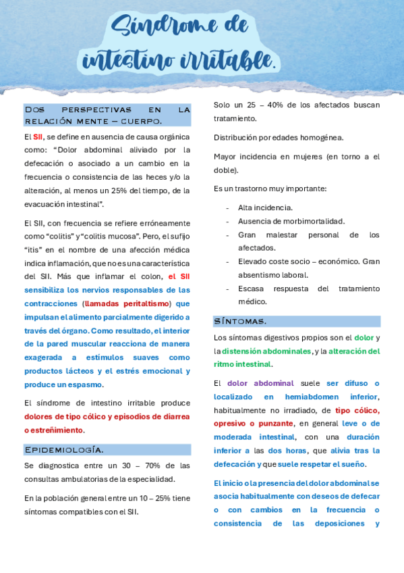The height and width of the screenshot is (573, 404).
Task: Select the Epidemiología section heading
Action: point(64,449)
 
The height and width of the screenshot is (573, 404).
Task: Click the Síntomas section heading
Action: point(239,321)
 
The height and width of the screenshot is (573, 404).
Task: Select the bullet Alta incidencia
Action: point(265,208)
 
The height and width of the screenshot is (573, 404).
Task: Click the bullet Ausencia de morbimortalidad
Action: point(291,221)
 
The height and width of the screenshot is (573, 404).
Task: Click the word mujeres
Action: point(294,157)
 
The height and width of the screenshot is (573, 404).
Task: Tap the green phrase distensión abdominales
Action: point(266,351)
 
